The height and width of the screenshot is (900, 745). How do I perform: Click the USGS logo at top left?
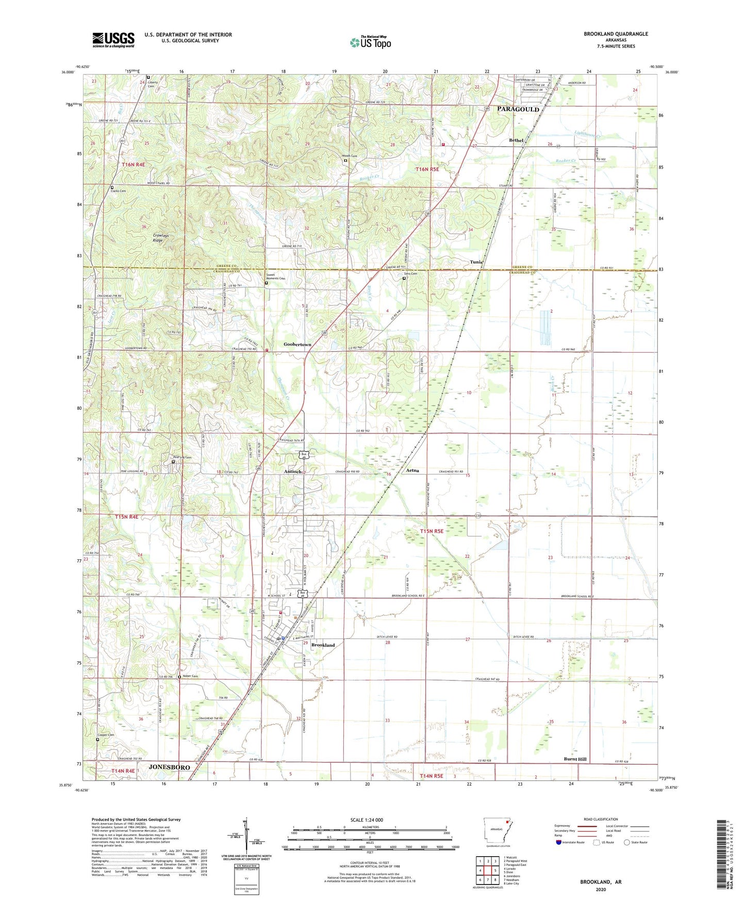pos(113,40)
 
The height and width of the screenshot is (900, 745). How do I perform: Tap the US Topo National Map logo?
pos(370,42)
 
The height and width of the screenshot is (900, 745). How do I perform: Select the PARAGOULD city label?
pos(518,109)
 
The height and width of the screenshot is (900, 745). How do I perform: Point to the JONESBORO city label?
pos(169,767)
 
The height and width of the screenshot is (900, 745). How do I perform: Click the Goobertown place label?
pos(297,344)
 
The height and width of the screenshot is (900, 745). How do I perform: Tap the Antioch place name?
pos(294,472)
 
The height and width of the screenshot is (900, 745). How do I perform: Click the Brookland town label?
pos(323,645)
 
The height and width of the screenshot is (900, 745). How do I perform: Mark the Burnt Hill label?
pos(575,759)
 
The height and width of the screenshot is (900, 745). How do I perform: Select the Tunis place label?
pos(476,262)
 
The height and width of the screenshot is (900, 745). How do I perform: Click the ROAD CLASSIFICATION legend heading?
pos(601,819)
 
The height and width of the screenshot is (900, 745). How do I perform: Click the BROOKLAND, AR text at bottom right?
pos(601,882)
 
